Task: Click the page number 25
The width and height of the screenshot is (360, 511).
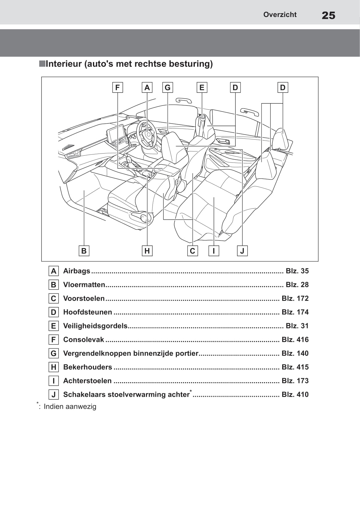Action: tap(328, 15)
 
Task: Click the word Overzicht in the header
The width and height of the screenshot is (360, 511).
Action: tap(280, 15)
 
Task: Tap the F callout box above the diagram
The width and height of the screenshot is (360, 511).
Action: tap(117, 87)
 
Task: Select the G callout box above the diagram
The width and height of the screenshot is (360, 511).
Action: tap(168, 87)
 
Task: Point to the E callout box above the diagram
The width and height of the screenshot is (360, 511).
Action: tap(202, 87)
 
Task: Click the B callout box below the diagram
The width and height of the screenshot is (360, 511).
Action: tap(84, 251)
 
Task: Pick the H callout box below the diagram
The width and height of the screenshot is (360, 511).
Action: tap(147, 251)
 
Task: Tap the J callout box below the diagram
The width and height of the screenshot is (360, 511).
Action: tap(242, 251)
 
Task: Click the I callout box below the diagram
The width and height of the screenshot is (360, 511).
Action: tap(214, 251)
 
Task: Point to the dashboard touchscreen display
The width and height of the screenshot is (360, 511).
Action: tap(117, 135)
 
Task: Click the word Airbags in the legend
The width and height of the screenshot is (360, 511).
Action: tap(77, 271)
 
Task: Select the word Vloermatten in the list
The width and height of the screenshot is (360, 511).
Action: tap(84, 285)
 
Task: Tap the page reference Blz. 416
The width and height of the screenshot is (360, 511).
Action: tap(295, 340)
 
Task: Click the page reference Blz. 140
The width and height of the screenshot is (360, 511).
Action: tap(295, 353)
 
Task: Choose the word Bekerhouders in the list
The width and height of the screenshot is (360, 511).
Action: tap(87, 367)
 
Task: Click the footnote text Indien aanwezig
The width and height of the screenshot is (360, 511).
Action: tap(70, 407)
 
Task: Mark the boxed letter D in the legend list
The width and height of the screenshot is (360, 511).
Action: tap(54, 312)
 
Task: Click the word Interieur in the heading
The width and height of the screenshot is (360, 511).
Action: tap(64, 64)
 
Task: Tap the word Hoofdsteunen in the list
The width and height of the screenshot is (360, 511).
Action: tap(87, 312)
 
